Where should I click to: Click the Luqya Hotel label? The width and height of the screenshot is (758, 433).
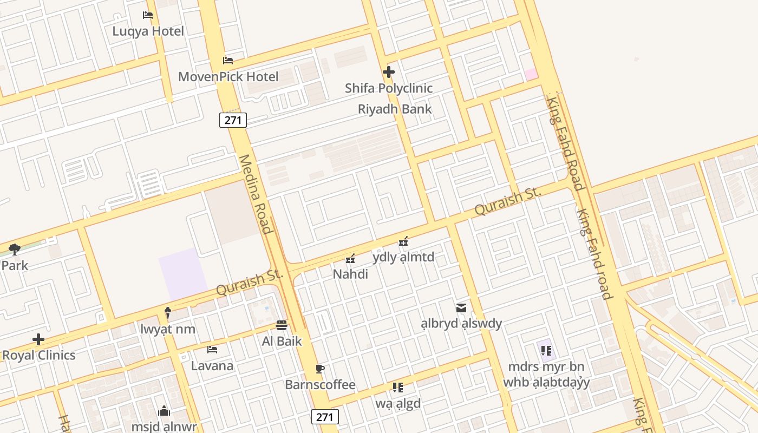[148, 31]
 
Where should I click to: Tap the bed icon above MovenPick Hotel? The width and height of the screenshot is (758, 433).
[228, 60]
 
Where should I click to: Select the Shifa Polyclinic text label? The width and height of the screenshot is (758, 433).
[389, 88]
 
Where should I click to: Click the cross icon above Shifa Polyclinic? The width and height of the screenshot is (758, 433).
[388, 71]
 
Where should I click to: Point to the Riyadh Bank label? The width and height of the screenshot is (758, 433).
[395, 109]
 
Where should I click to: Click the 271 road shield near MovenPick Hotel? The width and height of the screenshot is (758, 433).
[233, 120]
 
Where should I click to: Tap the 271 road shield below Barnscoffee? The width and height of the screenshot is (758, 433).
[325, 417]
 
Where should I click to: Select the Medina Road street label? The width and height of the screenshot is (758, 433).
[254, 194]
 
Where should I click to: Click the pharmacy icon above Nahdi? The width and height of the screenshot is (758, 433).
[350, 259]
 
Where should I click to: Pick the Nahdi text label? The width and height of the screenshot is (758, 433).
[350, 274]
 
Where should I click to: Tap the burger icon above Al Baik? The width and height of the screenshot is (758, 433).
[282, 325]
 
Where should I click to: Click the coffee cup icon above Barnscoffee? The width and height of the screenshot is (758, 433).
[320, 369]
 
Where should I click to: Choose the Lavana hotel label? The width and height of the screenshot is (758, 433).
[212, 366]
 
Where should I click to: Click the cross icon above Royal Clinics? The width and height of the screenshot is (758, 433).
[38, 339]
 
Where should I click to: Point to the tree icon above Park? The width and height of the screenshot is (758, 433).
[15, 250]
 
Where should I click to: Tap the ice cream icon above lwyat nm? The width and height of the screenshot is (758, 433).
[168, 313]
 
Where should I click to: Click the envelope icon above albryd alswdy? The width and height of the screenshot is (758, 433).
[461, 308]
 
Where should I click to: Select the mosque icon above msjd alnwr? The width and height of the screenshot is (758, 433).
[164, 411]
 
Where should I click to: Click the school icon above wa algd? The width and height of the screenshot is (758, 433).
[398, 387]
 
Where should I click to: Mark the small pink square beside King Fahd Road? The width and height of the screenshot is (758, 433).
[531, 74]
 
